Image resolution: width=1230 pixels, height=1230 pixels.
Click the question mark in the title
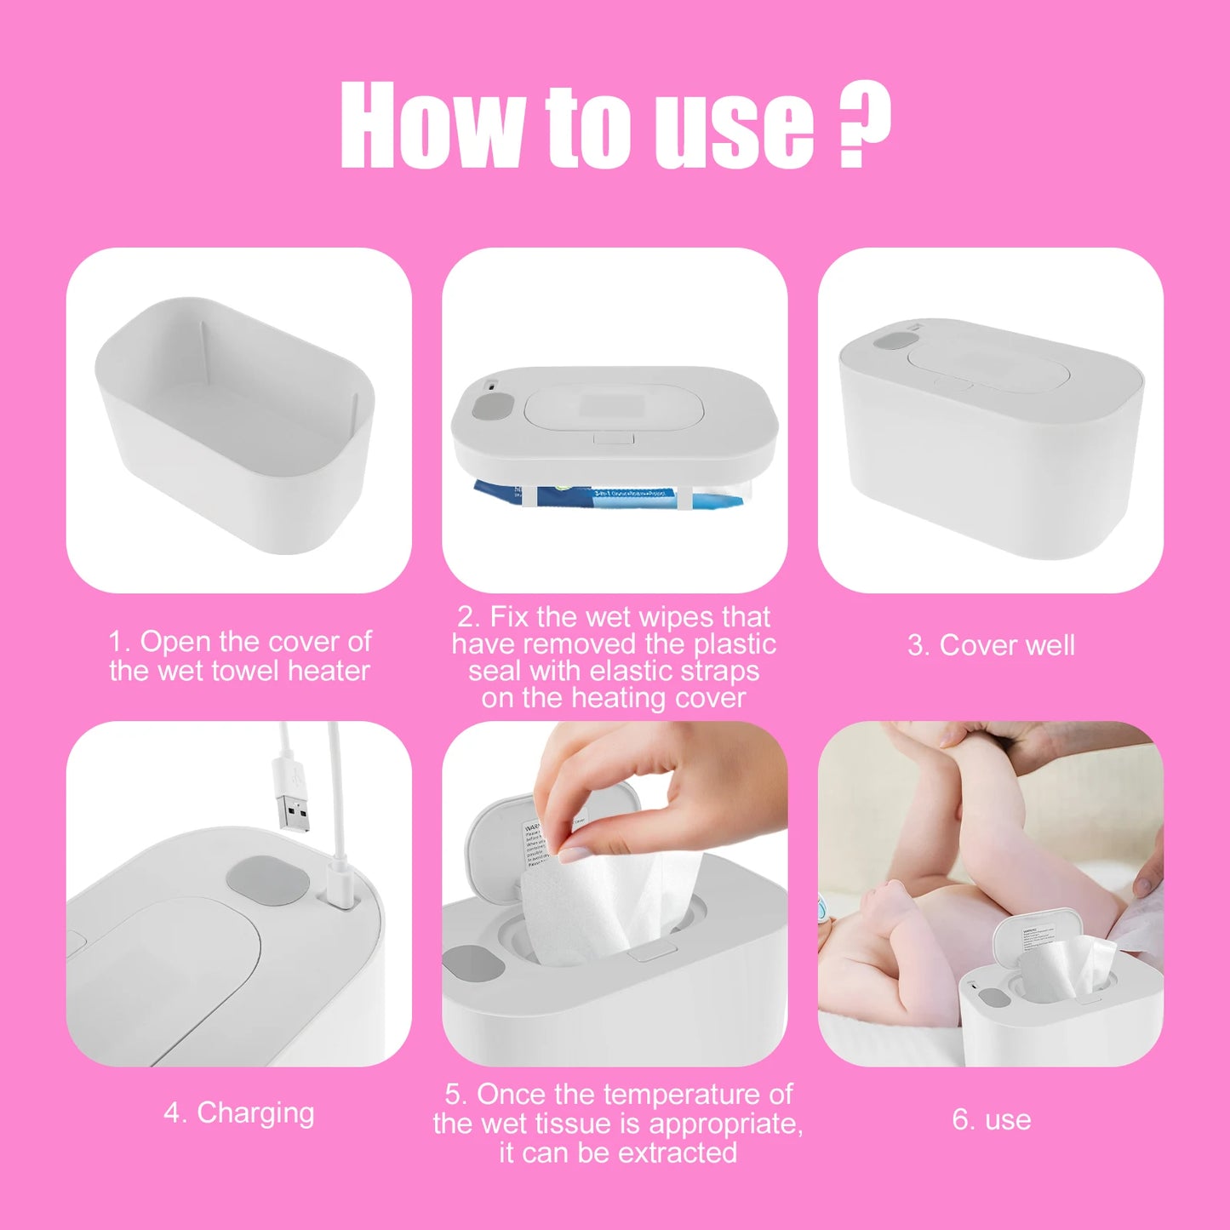863,123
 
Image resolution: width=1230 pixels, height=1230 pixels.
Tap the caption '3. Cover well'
991,645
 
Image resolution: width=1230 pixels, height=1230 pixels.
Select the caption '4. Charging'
239,1113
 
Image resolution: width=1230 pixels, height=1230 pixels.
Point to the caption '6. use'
992,1119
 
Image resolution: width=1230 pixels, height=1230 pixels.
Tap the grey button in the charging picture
268,881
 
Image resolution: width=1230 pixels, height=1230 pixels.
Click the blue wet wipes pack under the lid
609,496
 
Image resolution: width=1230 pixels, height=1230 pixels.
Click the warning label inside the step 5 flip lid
535,843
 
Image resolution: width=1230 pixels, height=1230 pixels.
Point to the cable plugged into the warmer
335,817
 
